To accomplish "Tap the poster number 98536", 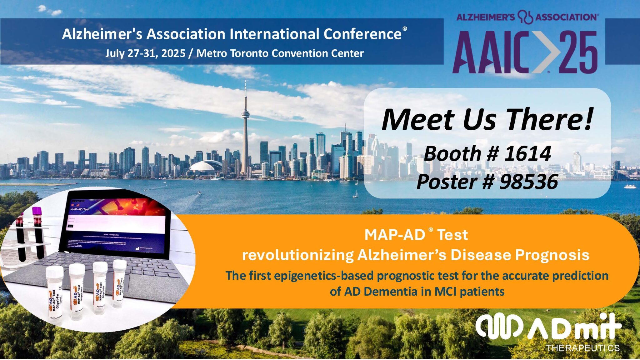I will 528,182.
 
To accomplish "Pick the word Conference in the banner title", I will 362,34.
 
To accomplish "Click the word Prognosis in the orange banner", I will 552,255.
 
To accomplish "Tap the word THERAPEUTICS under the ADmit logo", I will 583,348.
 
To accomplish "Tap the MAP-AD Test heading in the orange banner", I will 416,235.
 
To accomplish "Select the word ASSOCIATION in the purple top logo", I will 566,17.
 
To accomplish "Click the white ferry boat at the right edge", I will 630,186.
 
